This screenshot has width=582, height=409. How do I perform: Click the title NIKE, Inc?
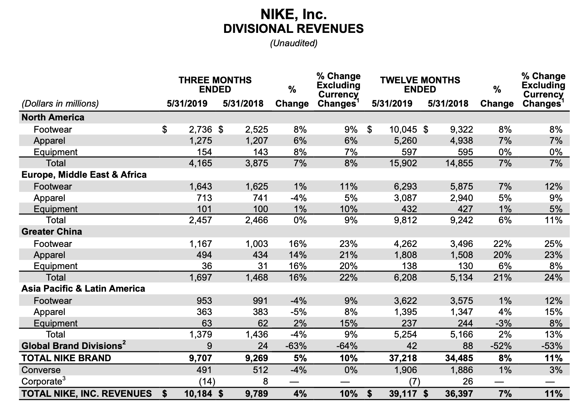click(x=293, y=14)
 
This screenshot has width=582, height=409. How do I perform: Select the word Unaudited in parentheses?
click(x=293, y=43)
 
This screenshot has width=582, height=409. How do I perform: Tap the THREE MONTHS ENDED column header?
click(x=215, y=84)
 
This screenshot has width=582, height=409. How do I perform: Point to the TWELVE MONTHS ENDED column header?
click(x=420, y=84)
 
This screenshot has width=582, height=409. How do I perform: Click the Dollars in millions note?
click(x=60, y=104)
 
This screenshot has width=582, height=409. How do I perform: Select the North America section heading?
click(x=53, y=117)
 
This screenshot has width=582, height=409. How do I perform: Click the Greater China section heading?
click(x=52, y=232)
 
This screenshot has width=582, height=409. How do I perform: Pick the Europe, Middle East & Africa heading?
click(x=84, y=175)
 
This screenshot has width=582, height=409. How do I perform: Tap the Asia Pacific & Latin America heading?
click(x=83, y=289)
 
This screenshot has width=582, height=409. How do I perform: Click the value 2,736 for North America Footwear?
click(x=200, y=130)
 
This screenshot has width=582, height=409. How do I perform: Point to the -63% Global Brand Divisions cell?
click(x=296, y=346)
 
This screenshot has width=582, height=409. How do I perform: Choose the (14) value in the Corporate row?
click(x=206, y=381)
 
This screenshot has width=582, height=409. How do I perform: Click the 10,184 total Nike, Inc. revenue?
click(x=198, y=394)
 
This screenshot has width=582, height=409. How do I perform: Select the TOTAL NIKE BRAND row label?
click(x=66, y=358)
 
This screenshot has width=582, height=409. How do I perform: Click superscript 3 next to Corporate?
click(x=63, y=379)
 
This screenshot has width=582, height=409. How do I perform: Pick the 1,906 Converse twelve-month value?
click(x=405, y=370)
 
